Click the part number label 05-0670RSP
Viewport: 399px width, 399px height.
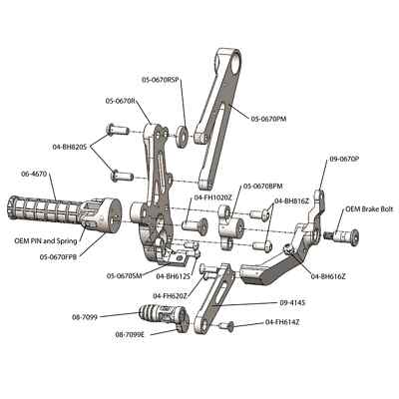pos(161,79)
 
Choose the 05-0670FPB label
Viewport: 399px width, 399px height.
pos(61,256)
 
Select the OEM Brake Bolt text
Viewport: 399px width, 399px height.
pos(367,209)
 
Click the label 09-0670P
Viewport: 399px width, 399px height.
pos(344,158)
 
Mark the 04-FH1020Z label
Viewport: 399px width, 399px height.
pos(213,198)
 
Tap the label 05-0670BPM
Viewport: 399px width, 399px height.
pos(261,186)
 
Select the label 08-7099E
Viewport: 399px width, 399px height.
pos(130,334)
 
